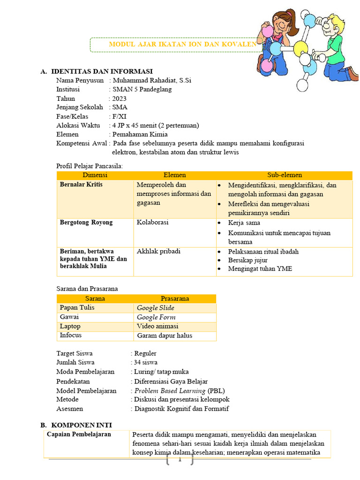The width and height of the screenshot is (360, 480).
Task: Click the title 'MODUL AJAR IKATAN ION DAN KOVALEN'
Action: click(x=182, y=45)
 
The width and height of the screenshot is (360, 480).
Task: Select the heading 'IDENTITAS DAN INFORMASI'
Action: click(x=102, y=71)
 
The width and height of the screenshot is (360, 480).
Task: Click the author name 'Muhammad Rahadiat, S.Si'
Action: click(x=151, y=80)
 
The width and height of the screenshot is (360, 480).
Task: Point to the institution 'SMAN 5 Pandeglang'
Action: click(x=142, y=89)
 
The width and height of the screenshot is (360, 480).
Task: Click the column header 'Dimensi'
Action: click(x=95, y=175)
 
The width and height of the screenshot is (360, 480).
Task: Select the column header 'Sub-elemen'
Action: click(x=285, y=175)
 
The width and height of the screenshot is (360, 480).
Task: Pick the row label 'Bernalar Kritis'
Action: click(x=81, y=185)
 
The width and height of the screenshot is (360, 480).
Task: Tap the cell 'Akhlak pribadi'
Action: click(x=158, y=251)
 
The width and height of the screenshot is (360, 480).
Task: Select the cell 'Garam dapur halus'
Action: click(x=164, y=335)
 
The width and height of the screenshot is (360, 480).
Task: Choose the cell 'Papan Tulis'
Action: click(x=77, y=307)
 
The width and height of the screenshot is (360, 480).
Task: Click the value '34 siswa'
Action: click(x=145, y=362)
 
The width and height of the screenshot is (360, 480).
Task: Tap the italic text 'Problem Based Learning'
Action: click(x=170, y=390)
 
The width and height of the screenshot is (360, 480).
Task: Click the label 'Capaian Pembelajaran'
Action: click(x=79, y=435)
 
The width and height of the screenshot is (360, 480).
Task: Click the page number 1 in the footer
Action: click(x=180, y=460)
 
